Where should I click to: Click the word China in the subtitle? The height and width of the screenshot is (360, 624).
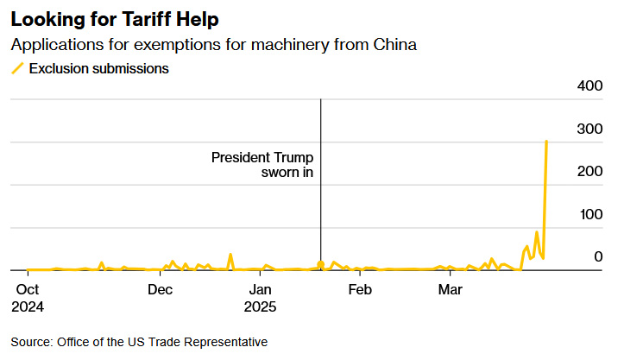[x=394, y=45]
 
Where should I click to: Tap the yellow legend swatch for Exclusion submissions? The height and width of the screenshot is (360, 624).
[x=17, y=68]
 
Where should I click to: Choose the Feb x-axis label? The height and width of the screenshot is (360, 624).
[x=360, y=289]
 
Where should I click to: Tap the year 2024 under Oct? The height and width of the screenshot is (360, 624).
[x=28, y=306]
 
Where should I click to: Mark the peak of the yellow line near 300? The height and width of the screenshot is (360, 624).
[x=546, y=141]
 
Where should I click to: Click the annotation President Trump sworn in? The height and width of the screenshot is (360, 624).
[x=262, y=165]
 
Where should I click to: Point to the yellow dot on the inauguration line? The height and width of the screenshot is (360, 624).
[x=321, y=264]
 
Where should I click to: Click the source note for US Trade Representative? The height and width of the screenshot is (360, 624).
[x=139, y=342]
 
